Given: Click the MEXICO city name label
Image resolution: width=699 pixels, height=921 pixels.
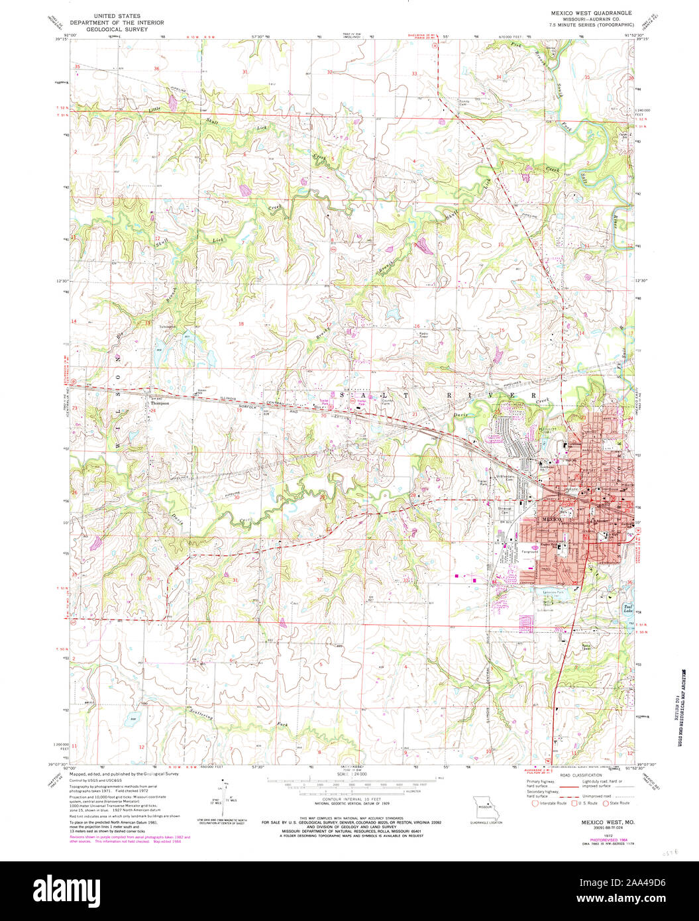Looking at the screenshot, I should pos(552,520).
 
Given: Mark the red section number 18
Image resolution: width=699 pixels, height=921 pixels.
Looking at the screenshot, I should pos(241,324).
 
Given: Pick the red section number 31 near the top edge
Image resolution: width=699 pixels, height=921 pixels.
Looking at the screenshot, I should pos(245,72).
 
